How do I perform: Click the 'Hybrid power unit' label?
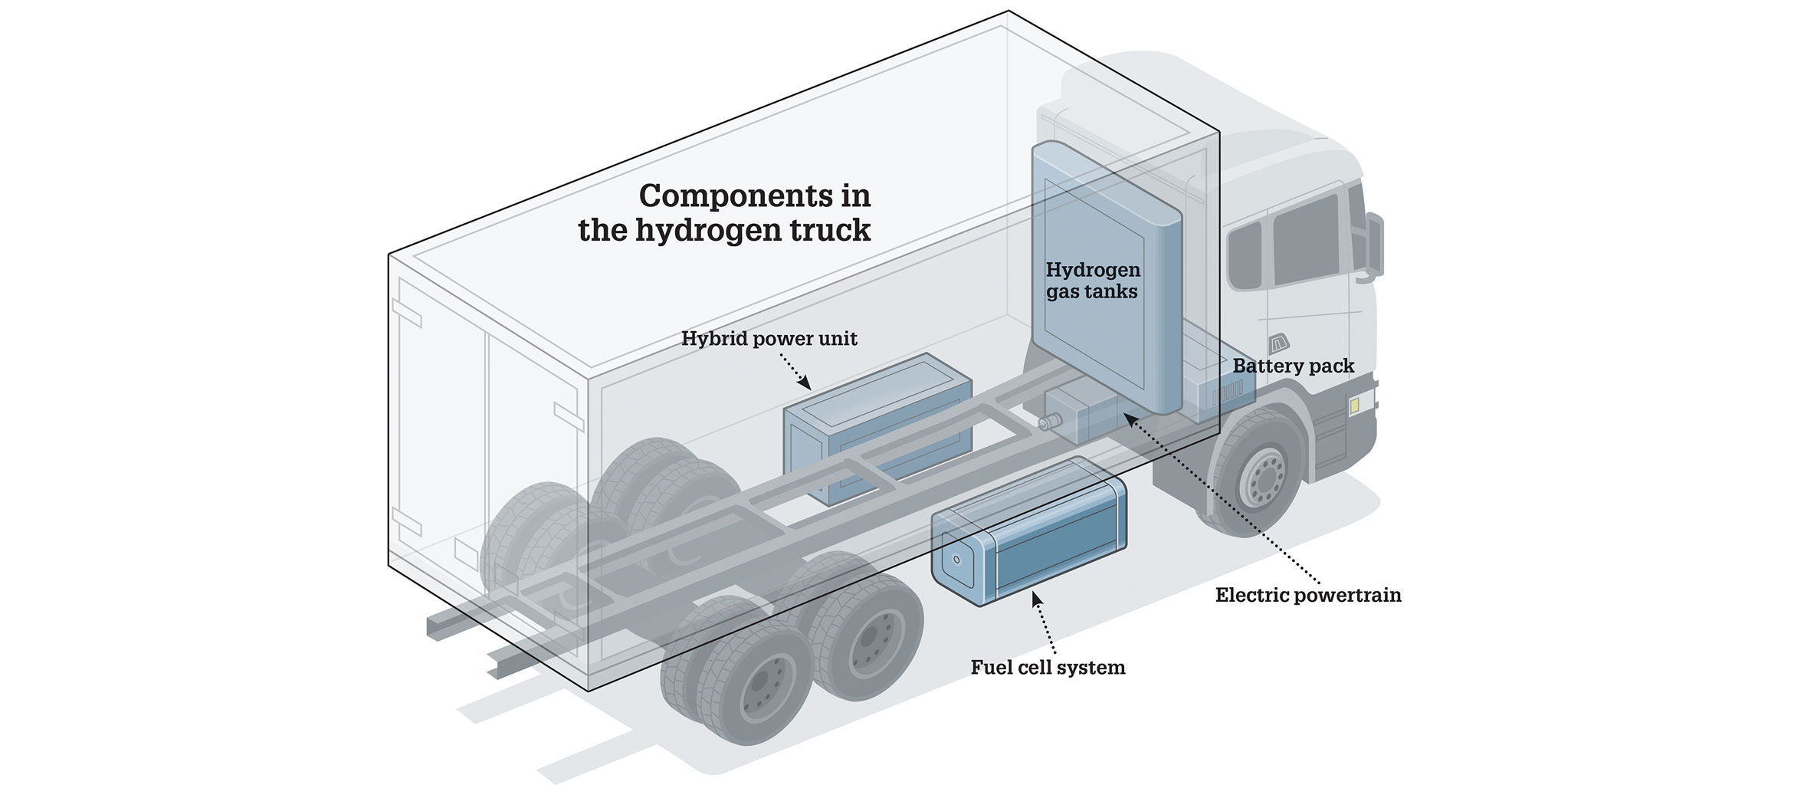pos(769,339)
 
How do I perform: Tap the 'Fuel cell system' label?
pos(1048,668)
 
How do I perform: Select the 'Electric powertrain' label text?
pos(1307,596)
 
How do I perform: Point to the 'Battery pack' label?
pos(1293,366)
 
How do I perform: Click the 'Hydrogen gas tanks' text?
pos(1093,281)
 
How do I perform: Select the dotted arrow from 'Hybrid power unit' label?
pos(793,370)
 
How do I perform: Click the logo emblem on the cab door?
pos(1278,344)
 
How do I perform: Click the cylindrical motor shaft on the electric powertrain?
pos(1047,422)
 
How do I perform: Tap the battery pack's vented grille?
pos(1225,394)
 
